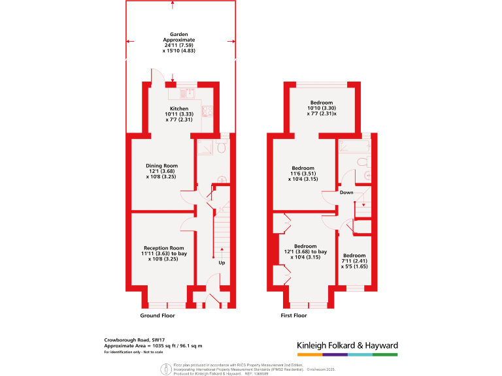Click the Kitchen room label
tap(179, 108)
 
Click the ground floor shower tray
tap(203, 148)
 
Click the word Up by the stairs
tap(222, 263)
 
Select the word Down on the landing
tap(346, 193)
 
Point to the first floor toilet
tap(363, 161)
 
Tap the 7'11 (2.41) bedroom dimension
tap(354, 261)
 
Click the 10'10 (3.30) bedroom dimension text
tap(321, 108)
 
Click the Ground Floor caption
tap(158, 315)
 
